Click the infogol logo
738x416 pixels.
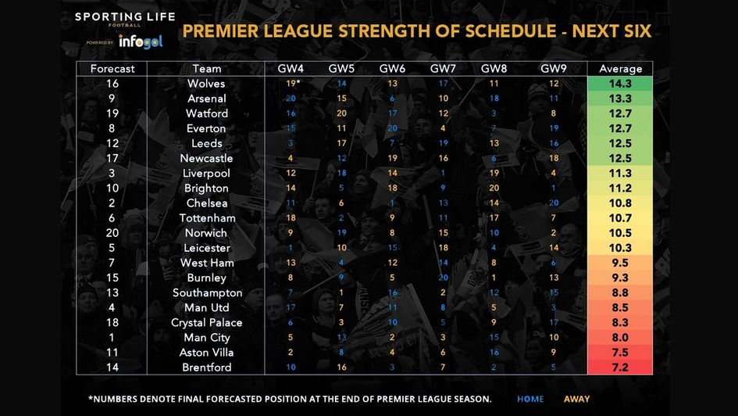pos(141,41)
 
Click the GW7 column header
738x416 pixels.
pos(443,69)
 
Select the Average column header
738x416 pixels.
pos(620,69)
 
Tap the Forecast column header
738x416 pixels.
pos(112,69)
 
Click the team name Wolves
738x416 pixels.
pos(206,84)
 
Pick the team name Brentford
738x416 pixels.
pos(206,368)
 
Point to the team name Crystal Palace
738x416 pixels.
pos(206,323)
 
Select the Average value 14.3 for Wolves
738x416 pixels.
pos(620,84)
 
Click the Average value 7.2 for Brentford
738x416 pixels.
pos(620,368)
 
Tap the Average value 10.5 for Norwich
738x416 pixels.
pos(620,233)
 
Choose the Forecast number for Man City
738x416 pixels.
pos(112,338)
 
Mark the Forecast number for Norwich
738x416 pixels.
pos(112,233)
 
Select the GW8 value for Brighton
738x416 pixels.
pos(494,188)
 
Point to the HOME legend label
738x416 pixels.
pos(530,400)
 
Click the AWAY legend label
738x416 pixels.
pos(577,400)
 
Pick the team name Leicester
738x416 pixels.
pos(206,248)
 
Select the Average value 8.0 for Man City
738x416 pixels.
pos(620,338)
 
